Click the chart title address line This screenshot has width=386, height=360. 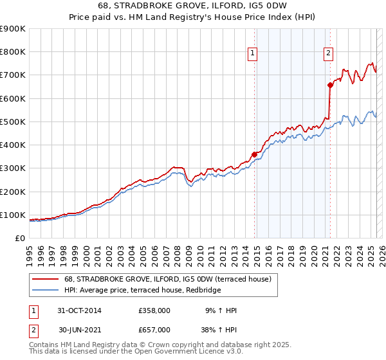(192, 7)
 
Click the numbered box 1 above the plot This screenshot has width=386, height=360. (253, 53)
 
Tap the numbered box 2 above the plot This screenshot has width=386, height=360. (328, 53)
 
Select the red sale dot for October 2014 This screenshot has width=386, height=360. (255, 154)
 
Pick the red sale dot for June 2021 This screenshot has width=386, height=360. (330, 85)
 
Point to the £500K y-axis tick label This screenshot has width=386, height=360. (13, 122)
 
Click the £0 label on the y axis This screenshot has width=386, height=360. (21, 238)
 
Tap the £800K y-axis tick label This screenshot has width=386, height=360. (13, 51)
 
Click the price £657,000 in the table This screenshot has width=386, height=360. (154, 330)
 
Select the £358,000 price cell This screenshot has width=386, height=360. (154, 310)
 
